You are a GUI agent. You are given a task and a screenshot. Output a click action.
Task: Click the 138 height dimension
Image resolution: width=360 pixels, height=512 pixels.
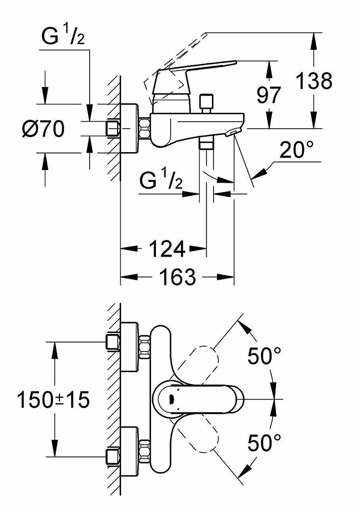314,81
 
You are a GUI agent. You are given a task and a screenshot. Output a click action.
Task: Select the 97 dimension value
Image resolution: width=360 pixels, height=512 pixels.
269,95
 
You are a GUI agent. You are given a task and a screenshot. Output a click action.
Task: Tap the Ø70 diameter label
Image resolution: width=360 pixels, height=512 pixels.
43,129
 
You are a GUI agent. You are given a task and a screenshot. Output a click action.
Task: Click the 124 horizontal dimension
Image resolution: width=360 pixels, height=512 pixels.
167,249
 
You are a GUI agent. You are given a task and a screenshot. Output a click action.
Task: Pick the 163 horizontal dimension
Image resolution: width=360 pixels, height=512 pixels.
178,277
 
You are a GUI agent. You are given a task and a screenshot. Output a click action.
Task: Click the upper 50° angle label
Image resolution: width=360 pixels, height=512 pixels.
264,356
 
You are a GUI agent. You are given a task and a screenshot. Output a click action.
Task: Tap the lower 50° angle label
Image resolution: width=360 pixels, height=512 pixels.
264,442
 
